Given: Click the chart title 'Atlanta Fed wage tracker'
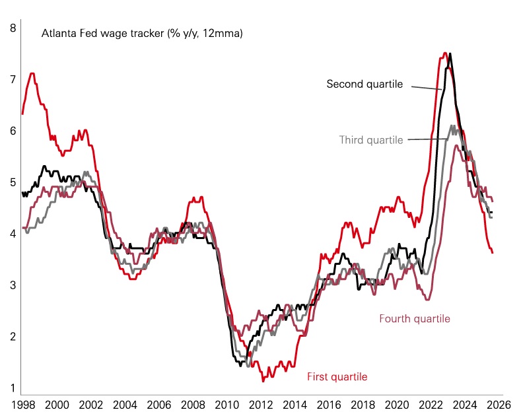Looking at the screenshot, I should [142, 32].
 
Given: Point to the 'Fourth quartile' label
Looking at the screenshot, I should [415, 318].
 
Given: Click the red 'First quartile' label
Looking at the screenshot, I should [337, 376].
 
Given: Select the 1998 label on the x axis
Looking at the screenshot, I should [23, 404].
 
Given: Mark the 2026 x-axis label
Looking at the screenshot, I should [496, 404].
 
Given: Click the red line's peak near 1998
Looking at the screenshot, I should [32, 73].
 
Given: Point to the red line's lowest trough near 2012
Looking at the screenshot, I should [263, 381].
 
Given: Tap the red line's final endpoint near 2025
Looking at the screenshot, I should [492, 252].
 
